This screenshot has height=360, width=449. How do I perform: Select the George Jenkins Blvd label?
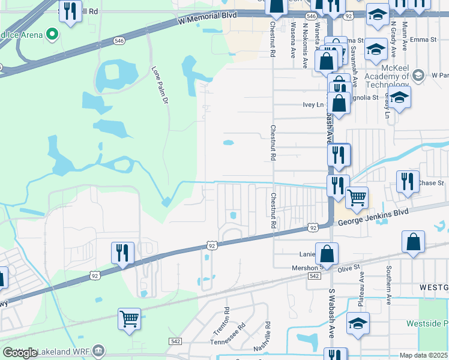373,217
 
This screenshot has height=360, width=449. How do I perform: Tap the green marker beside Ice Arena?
52,34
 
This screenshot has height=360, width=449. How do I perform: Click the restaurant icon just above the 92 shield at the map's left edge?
122,253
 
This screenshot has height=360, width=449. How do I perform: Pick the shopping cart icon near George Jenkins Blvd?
357,196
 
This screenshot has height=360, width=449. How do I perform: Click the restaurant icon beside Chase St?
408,181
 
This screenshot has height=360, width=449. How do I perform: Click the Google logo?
20,353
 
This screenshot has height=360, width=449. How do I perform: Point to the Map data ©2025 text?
424,355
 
